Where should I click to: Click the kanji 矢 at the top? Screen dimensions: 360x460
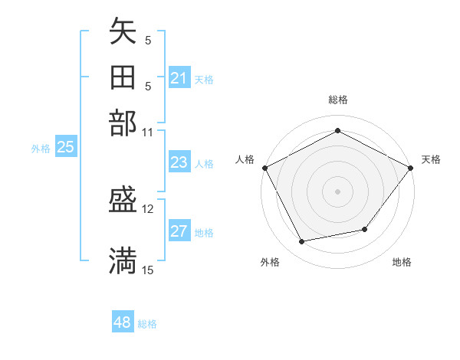point(123,31)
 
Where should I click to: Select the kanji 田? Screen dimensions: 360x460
point(123,77)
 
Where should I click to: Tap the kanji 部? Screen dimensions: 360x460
point(123,123)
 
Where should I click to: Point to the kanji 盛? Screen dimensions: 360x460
point(123,201)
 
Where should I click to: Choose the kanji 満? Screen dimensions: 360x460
point(123,261)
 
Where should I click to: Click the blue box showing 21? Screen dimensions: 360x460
point(179,78)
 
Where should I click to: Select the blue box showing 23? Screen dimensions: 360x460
point(179,162)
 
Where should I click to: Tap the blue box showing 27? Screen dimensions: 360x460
point(179,232)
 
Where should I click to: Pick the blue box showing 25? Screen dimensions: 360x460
point(65,148)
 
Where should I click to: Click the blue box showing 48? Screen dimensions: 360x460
point(123,322)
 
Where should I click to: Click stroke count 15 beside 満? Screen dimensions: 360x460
point(148,269)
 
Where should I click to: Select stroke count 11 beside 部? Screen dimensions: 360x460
point(148,131)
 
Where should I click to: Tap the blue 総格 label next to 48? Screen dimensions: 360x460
point(147,324)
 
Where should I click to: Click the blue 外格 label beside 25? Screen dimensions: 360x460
point(41,149)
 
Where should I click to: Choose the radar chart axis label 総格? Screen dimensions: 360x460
point(338,100)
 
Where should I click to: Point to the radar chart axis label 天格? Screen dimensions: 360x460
point(431,159)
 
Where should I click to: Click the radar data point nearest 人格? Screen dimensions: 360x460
point(264,167)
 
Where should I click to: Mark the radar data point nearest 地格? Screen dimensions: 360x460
point(365,229)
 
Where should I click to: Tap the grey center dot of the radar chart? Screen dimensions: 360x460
point(338,191)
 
